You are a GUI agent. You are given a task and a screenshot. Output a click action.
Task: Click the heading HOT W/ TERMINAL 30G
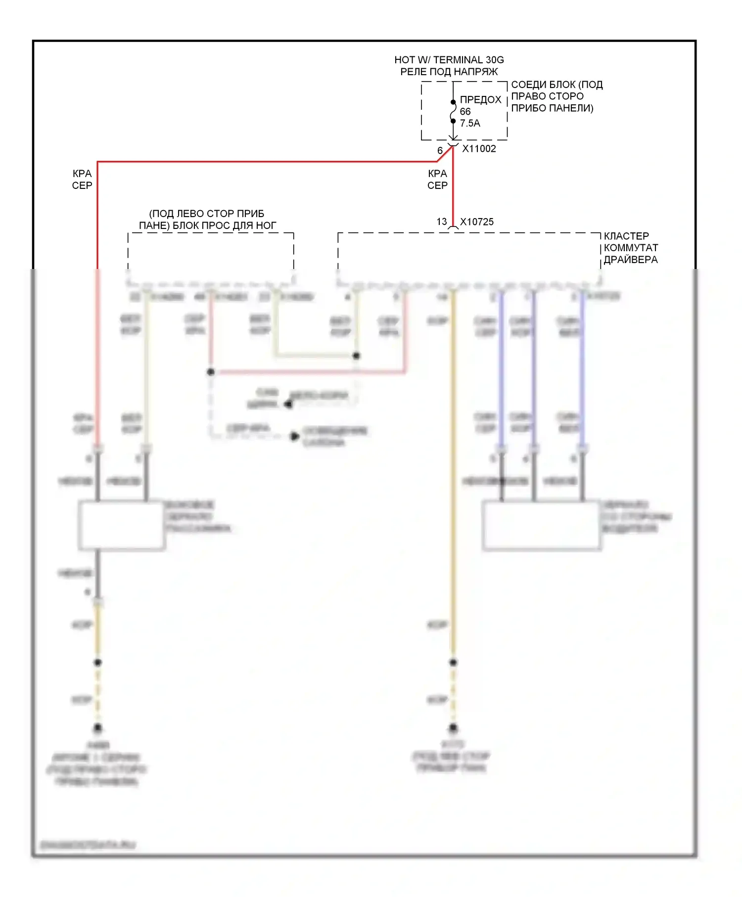click(449, 60)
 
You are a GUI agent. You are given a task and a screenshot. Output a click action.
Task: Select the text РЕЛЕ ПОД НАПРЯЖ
click(449, 72)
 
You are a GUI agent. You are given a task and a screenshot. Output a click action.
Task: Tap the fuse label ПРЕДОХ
click(480, 99)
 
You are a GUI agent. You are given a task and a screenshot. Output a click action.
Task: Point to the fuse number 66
click(465, 111)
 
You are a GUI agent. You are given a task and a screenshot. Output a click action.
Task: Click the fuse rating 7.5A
click(470, 123)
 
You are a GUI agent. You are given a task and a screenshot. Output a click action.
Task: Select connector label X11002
click(479, 149)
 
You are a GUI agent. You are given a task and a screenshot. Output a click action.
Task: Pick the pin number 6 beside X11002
click(440, 150)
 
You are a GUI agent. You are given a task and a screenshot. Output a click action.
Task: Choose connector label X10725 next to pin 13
click(477, 222)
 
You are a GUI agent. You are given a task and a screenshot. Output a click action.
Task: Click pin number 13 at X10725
click(442, 222)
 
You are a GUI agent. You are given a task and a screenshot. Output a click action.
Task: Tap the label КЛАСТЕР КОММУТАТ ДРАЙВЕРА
click(631, 248)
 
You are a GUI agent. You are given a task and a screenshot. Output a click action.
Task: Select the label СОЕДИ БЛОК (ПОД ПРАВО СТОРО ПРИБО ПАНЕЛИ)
click(556, 96)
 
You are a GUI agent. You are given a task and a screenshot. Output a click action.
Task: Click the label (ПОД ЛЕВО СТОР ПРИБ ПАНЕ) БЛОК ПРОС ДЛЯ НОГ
click(207, 220)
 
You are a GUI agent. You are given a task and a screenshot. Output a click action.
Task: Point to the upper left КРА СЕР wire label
click(82, 179)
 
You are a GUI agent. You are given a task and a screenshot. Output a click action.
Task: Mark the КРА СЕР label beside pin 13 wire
click(437, 179)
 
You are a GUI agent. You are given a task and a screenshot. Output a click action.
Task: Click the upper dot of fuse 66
click(453, 102)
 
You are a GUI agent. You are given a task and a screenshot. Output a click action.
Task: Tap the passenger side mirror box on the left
click(122, 525)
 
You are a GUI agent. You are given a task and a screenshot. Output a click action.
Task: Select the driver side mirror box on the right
click(542, 525)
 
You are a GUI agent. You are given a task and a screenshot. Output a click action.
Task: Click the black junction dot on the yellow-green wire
click(356, 356)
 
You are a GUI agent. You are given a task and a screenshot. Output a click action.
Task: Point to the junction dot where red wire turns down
click(211, 371)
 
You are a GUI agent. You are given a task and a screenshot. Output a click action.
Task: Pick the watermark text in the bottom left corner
click(88, 845)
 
